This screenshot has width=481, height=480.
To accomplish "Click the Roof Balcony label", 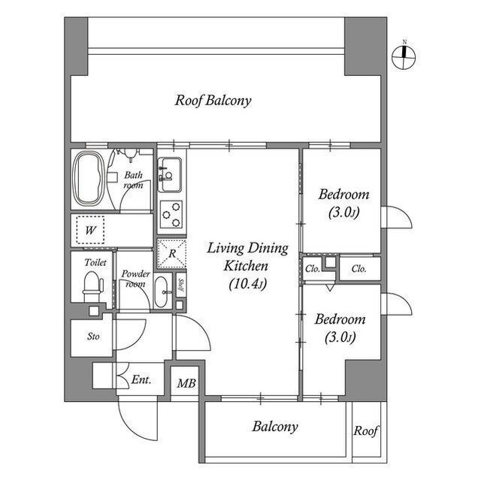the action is [x=213, y=101].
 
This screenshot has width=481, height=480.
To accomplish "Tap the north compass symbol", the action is [x=404, y=56].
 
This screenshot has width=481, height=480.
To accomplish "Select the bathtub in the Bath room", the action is [x=89, y=179].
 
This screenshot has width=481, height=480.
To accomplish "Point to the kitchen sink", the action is [x=170, y=175].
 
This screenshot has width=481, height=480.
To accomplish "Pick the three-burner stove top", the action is [x=171, y=213].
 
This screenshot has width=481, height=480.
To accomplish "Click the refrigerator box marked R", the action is [x=171, y=253].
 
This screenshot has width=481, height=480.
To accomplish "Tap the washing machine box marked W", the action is [x=90, y=230].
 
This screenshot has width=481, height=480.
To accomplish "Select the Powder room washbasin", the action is [x=161, y=291].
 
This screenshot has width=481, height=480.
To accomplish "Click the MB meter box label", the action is [x=186, y=383].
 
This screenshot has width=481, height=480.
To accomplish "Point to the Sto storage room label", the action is [x=93, y=337].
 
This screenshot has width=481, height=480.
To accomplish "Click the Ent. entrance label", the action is [x=141, y=380].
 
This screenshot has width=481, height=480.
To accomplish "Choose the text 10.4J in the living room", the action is [x=248, y=284].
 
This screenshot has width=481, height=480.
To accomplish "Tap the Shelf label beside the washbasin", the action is [x=181, y=285].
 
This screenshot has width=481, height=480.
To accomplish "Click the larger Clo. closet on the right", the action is [x=360, y=268].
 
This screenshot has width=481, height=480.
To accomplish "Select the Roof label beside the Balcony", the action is [x=366, y=430].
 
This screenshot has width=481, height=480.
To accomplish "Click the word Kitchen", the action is [x=246, y=266].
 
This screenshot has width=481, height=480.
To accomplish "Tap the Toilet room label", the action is [x=95, y=262].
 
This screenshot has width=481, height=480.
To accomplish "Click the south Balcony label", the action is [x=275, y=427].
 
